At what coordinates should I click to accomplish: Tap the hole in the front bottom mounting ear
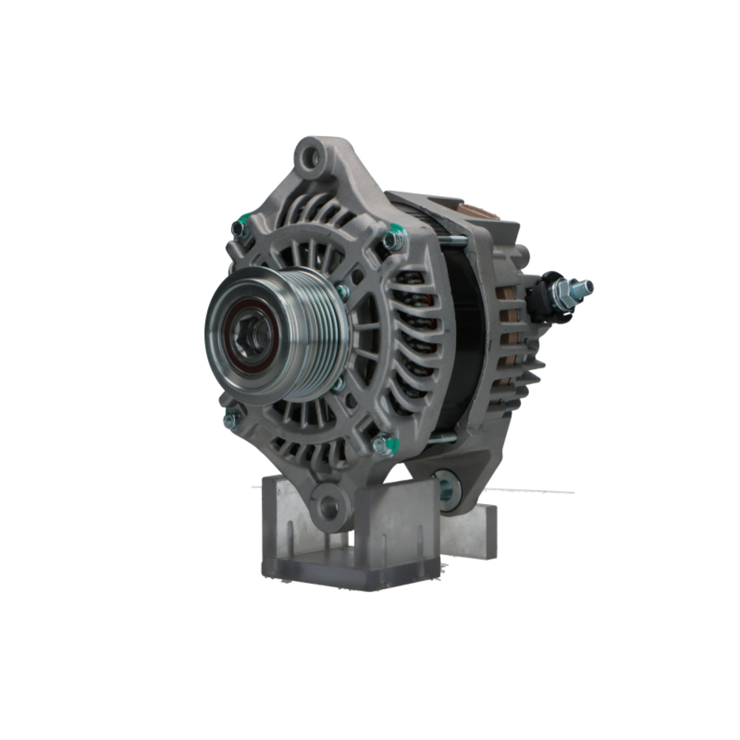tap(328, 508)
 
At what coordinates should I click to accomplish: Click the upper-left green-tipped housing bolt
tap(238, 228)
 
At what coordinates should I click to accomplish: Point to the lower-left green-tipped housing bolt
tap(230, 420)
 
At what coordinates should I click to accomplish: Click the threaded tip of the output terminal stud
tap(586, 285)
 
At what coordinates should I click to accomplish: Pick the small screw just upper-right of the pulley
tap(343, 292)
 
